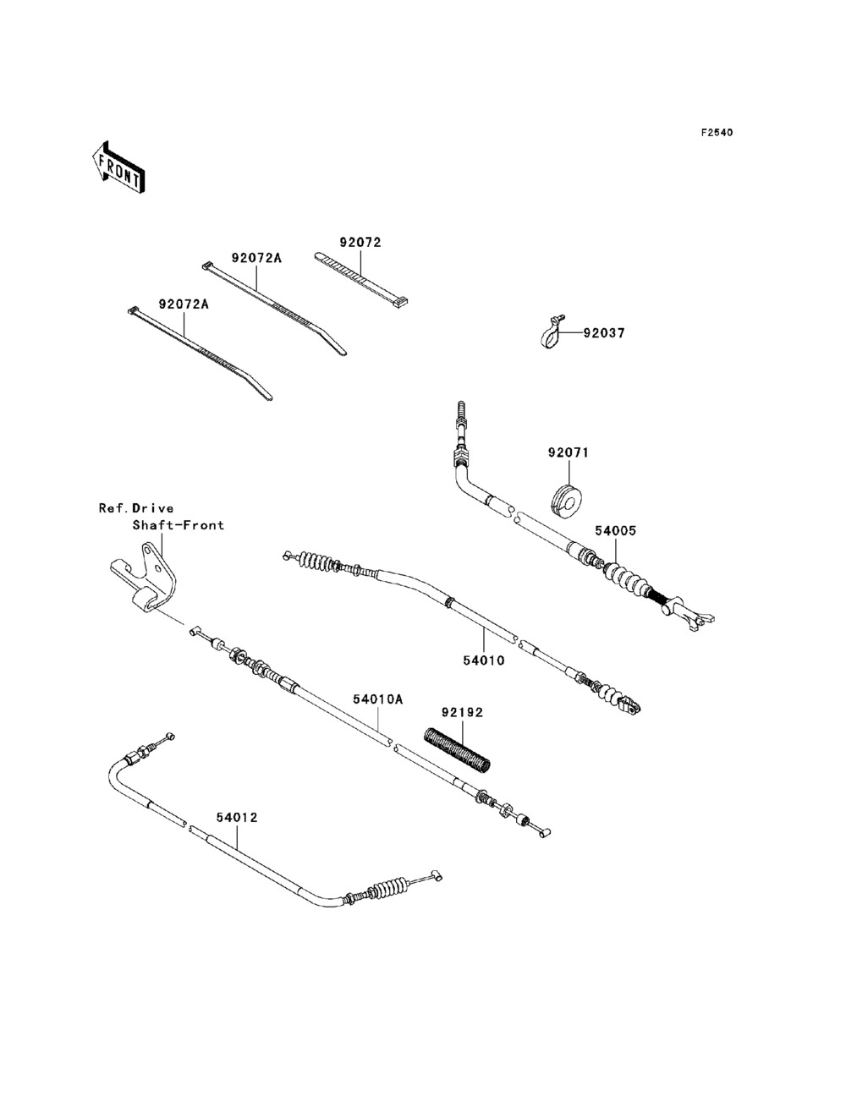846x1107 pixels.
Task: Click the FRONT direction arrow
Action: coord(119,167)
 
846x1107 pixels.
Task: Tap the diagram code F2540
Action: coord(717,133)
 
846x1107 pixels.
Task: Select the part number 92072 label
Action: coord(360,243)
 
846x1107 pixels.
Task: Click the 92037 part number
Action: coord(604,333)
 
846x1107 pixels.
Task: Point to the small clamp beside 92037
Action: coord(552,332)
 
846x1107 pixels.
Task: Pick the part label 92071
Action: coord(569,453)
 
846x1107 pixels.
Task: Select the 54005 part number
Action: coord(615,530)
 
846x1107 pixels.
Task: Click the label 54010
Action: coord(484,660)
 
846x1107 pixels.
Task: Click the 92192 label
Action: coord(463,713)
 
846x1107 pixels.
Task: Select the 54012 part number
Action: coord(237,818)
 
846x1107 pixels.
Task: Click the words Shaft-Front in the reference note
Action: coord(179,525)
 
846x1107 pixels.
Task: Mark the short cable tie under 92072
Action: coord(360,279)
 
